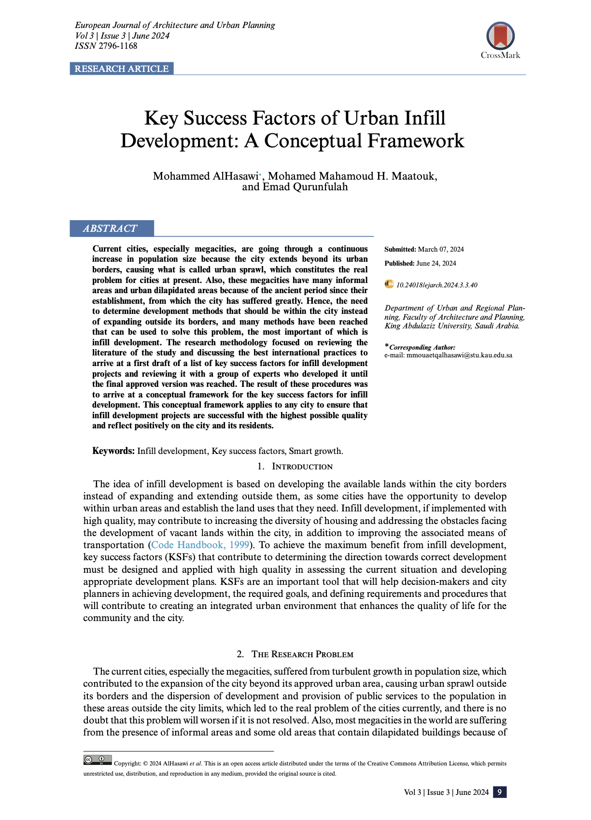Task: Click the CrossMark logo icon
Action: [x=500, y=37]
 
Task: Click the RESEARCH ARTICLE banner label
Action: [x=121, y=69]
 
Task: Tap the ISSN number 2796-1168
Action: [x=118, y=46]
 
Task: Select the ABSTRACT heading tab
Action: [x=110, y=228]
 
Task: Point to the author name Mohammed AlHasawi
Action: [x=206, y=176]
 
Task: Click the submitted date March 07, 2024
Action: [x=440, y=249]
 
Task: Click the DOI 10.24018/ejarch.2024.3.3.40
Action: [x=436, y=285]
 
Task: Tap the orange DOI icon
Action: [x=389, y=284]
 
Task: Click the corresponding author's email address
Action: [x=459, y=355]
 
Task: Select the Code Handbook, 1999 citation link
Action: [x=200, y=545]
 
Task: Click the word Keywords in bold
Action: [x=113, y=451]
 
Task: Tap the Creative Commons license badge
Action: [x=98, y=760]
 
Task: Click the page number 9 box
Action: [x=500, y=792]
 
